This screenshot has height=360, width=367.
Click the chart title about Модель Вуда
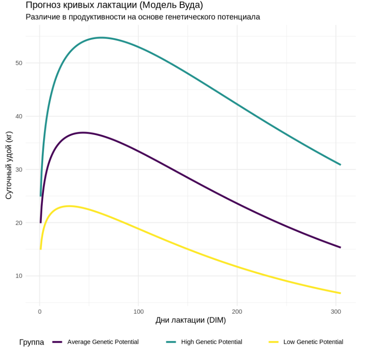[114, 5]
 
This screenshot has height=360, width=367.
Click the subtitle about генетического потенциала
[143, 17]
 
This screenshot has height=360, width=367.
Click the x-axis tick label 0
[40, 312]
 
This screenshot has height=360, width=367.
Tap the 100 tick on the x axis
[139, 312]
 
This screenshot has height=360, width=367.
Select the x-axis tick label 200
[237, 312]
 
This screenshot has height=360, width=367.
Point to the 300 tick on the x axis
[336, 312]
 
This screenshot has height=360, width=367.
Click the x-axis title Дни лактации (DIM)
[190, 320]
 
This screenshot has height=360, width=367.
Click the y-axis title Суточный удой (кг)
[9, 165]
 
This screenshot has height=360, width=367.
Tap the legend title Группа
[31, 342]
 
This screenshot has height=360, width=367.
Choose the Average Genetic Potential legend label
[103, 342]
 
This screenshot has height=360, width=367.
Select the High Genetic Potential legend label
[211, 342]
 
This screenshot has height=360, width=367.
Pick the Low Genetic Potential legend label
[313, 342]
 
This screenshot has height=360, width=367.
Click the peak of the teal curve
[101, 38]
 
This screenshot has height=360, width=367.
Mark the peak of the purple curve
[83, 133]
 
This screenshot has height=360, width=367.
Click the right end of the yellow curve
[340, 293]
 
